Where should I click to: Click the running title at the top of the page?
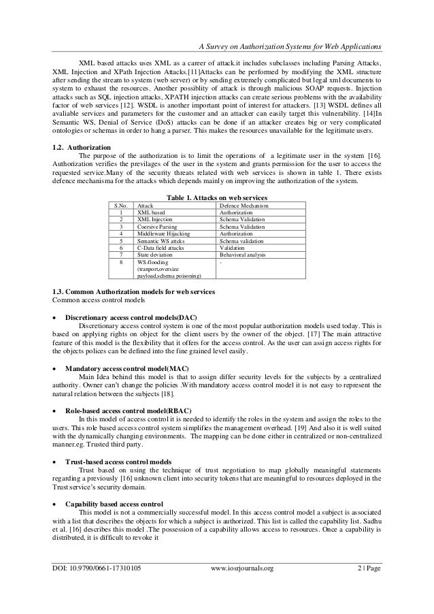[288, 46]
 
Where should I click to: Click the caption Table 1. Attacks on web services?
[216, 197]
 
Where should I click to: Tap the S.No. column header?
[121, 206]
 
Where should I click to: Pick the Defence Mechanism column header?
[244, 206]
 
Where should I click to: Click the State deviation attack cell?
[154, 255]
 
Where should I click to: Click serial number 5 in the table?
[121, 241]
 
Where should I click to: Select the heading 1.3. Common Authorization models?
[133, 292]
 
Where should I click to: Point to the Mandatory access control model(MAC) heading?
[127, 368]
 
